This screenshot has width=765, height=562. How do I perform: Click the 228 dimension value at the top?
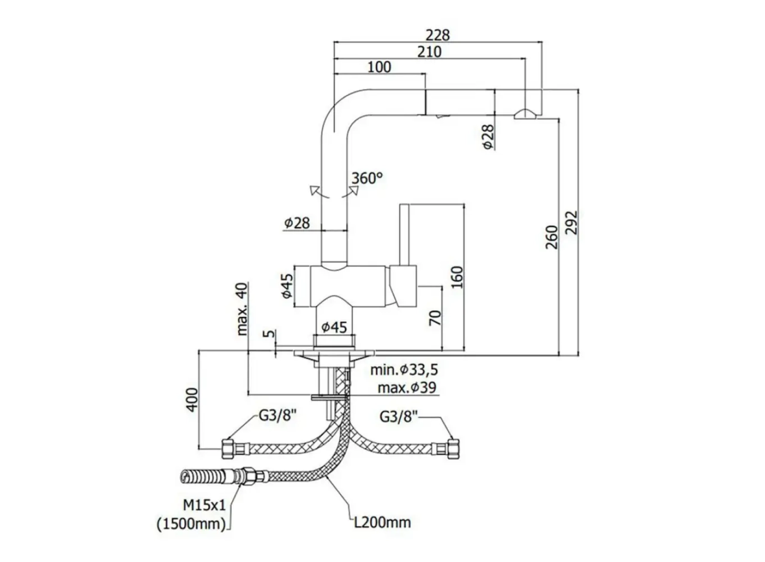[x=438, y=35]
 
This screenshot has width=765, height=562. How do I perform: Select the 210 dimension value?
[x=429, y=52]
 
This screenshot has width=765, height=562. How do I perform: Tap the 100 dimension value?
[x=379, y=67]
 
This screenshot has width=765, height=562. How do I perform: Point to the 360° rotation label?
[x=367, y=178]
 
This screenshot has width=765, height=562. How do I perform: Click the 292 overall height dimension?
[x=571, y=223]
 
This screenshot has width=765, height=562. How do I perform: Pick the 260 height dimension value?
[x=552, y=237]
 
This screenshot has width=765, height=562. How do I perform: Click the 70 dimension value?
[x=435, y=318]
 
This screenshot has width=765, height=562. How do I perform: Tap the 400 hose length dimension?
[x=192, y=400]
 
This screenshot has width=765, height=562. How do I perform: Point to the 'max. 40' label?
[x=242, y=309]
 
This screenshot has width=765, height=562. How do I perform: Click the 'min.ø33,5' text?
[x=404, y=369]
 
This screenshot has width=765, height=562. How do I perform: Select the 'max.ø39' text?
[x=407, y=388]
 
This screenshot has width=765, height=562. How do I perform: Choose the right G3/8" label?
[x=399, y=417]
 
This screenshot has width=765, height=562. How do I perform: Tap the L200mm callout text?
[x=382, y=522]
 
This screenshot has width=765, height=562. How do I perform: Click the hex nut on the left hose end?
[x=228, y=449]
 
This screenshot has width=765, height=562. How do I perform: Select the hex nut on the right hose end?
[x=453, y=448]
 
